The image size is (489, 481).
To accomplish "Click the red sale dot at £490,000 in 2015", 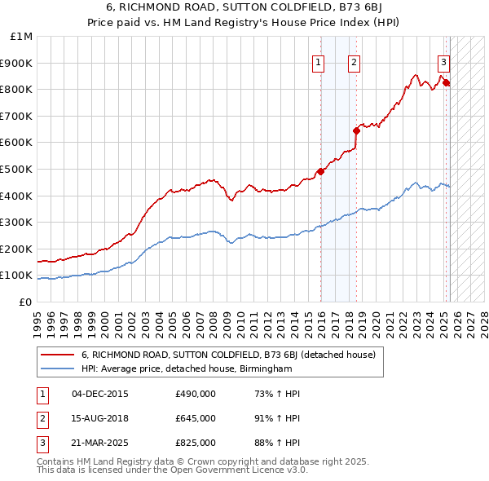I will coord(320,171).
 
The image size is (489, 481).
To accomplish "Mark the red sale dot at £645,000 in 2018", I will coord(356,130).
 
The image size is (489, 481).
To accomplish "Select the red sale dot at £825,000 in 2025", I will coord(446,82).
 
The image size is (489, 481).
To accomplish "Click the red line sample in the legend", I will coord(56,355).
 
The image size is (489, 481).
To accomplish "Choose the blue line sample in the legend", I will coord(56,368).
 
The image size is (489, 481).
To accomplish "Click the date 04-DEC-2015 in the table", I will coord(100,395).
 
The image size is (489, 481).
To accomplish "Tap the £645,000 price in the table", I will coord(196,418).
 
